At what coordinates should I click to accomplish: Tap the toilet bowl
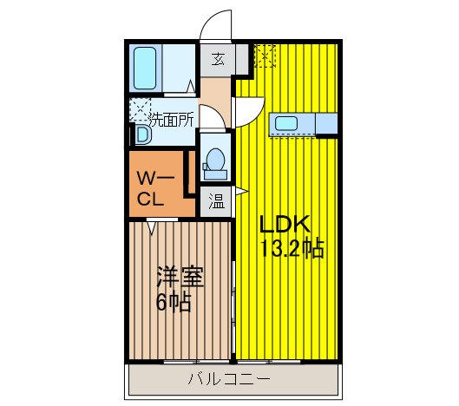click(x=213, y=162)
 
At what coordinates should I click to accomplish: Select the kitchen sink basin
click(x=286, y=124)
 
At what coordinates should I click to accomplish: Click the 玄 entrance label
click(x=218, y=60)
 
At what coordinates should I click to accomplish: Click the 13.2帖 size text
click(x=292, y=249)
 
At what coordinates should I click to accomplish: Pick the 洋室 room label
click(x=180, y=278)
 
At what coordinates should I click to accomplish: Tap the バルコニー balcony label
click(x=229, y=379)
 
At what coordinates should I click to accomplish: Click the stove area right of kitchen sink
click(x=326, y=124)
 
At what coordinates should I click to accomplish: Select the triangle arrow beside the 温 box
click(x=237, y=191)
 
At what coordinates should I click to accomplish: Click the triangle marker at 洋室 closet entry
click(x=152, y=227)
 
